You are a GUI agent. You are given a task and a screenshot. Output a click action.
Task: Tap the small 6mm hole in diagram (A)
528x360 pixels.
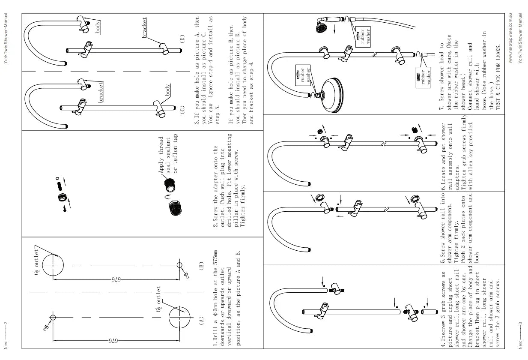(53, 318)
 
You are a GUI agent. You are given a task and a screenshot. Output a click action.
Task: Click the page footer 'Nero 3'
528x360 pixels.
(519, 336)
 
